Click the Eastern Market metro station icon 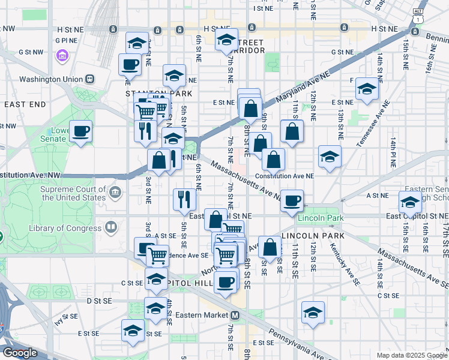click(x=235, y=315)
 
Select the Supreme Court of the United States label click(x=73, y=193)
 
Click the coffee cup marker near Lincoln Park click(x=292, y=201)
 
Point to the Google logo click(x=20, y=353)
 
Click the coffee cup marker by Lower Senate click(x=80, y=131)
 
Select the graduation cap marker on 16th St click(x=411, y=202)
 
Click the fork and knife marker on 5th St click(x=185, y=199)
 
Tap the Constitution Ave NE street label click(x=285, y=176)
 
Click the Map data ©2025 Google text click(x=411, y=355)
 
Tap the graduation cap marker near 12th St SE click(x=313, y=312)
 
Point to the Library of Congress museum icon click(x=111, y=227)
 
